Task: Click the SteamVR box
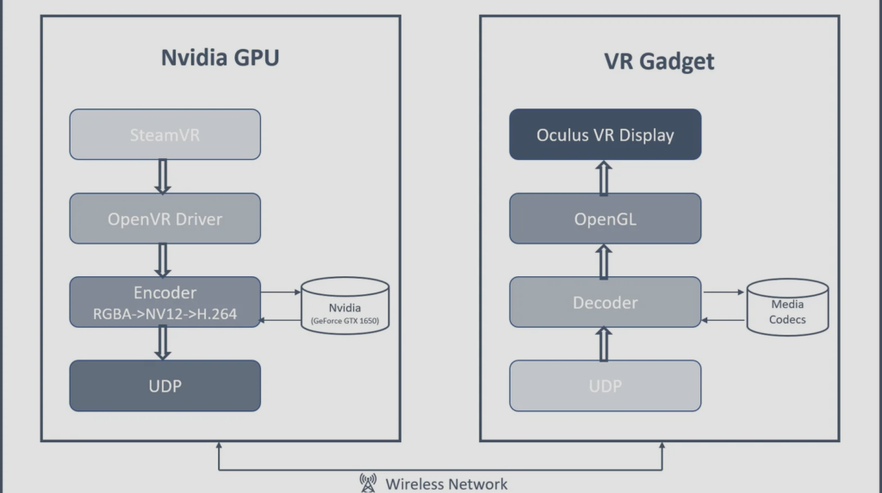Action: point(165,134)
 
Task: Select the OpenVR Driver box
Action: point(165,219)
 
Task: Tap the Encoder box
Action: point(165,302)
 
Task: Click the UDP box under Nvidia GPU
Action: point(165,385)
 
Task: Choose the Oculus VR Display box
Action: point(605,134)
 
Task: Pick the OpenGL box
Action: point(605,219)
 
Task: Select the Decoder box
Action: point(605,302)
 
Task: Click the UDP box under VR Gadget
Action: point(605,385)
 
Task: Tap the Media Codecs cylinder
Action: point(787,307)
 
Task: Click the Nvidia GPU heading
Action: point(220,59)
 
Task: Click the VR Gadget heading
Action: point(660,62)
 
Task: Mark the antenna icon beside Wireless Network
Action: point(368,483)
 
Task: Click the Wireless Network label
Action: point(446,484)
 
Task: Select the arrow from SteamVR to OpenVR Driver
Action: point(164,176)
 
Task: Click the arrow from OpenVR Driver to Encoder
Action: point(164,260)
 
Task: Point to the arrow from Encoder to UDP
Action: point(164,343)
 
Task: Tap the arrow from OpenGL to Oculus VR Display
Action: point(605,176)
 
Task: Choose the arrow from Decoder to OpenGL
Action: point(605,260)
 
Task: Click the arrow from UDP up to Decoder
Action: point(605,343)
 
